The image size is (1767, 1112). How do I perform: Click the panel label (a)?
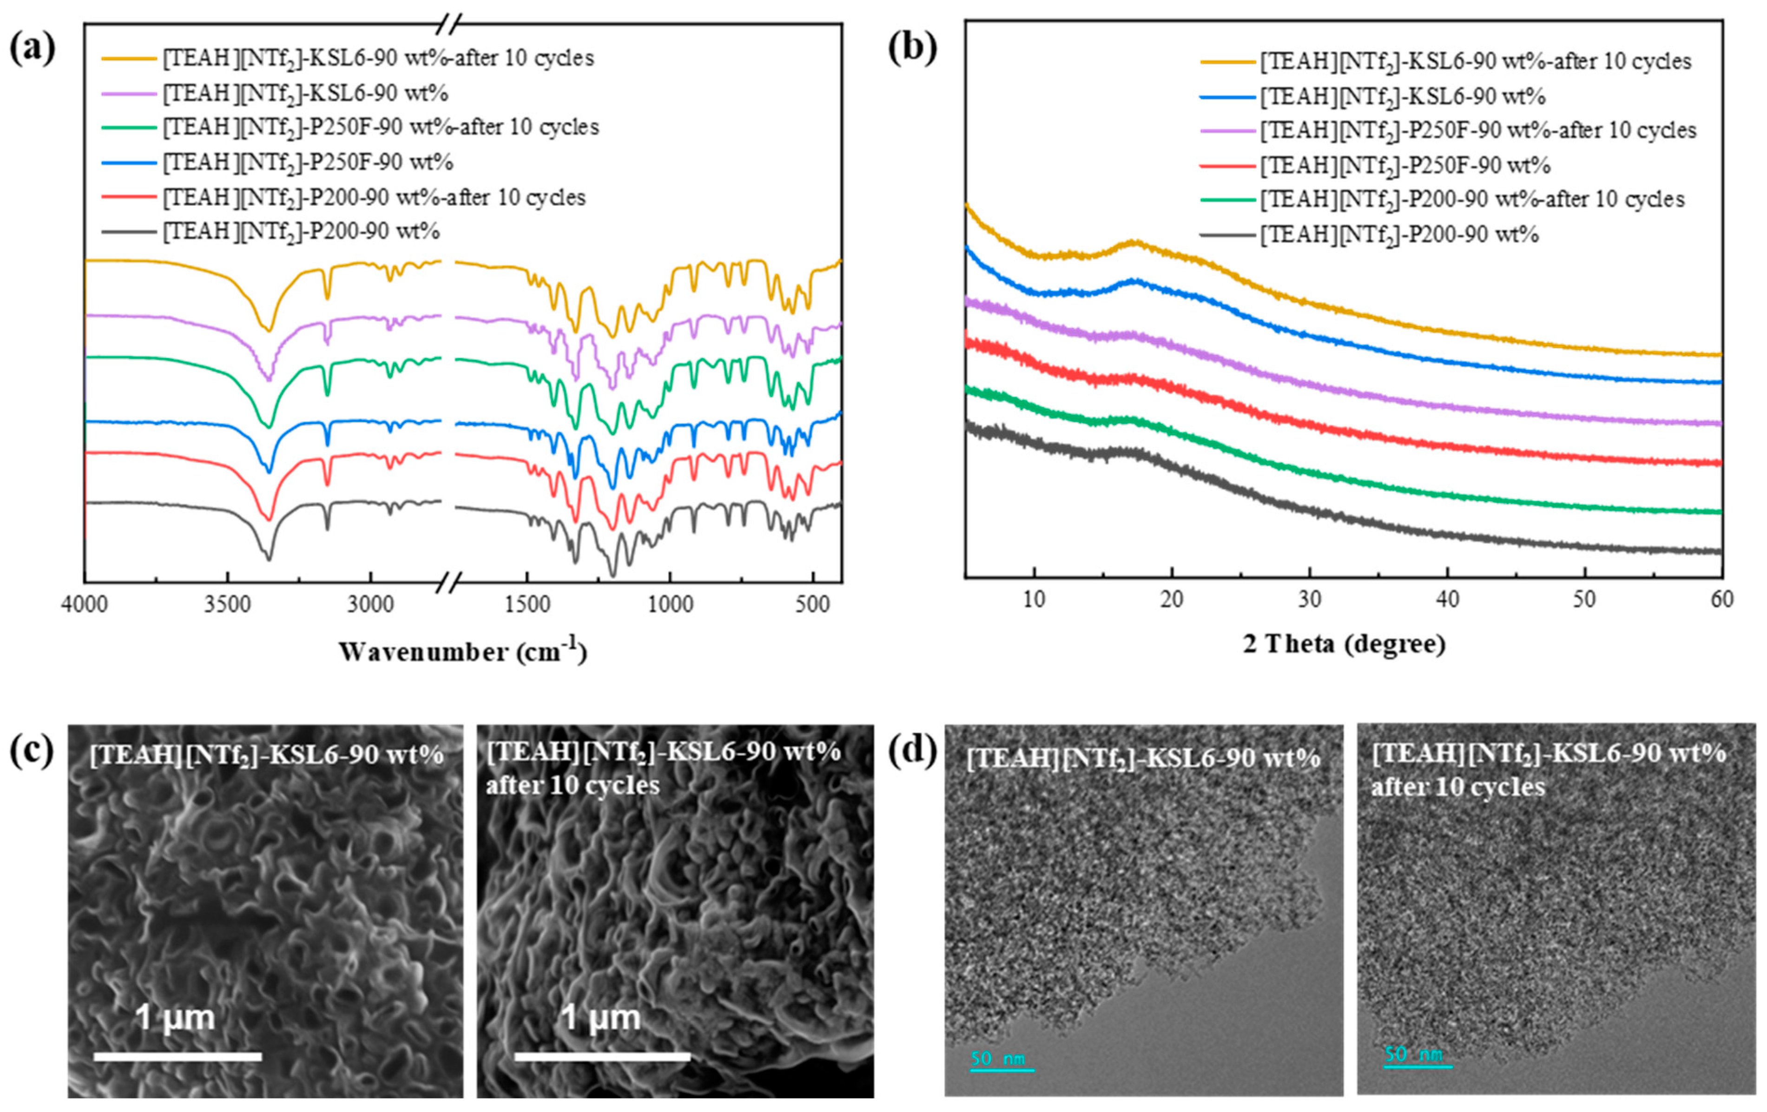point(32,50)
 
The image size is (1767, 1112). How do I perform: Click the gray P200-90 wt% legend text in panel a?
point(301,232)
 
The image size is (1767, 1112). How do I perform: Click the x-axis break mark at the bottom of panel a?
point(448,583)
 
